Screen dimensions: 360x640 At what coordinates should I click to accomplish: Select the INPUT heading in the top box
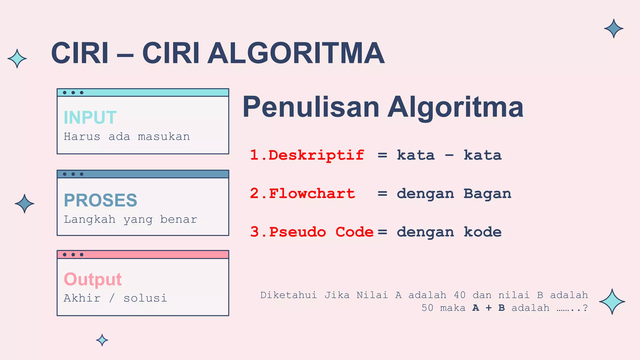click(90, 117)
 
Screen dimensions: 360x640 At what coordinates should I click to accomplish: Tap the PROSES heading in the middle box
click(100, 200)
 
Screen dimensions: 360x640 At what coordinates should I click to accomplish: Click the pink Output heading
click(92, 279)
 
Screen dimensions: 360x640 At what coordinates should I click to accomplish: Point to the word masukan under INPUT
click(164, 137)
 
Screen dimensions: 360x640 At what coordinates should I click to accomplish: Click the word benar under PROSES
click(178, 220)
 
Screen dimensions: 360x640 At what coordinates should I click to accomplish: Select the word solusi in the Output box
click(145, 298)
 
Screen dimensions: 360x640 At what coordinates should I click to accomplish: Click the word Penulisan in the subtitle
click(311, 107)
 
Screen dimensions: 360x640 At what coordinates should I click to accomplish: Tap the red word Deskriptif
click(316, 155)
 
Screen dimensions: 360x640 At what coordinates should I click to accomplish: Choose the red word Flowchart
click(312, 194)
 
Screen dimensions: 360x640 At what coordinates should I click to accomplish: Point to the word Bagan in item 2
click(487, 194)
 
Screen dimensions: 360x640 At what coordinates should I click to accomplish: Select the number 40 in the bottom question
click(460, 295)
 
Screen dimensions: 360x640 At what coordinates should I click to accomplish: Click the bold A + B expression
click(488, 308)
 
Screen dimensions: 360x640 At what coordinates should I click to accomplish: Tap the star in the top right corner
click(613, 28)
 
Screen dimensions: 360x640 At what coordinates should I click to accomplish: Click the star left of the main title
click(17, 58)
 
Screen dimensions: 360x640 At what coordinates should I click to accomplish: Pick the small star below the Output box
click(102, 340)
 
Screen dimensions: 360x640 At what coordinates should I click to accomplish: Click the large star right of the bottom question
click(612, 302)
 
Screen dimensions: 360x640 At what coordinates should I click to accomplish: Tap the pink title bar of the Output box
click(156, 255)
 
